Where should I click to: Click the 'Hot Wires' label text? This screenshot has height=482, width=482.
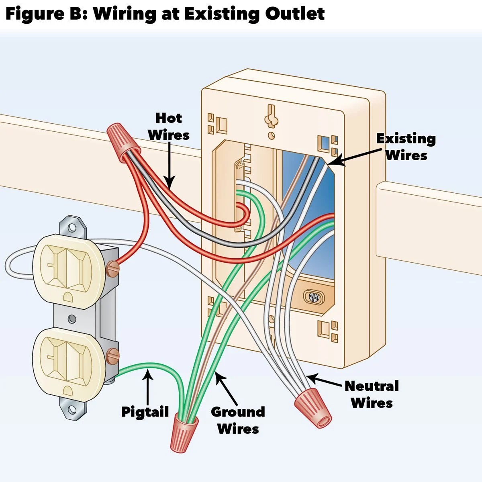tap(169, 126)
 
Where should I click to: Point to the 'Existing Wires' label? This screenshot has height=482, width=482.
tap(406, 147)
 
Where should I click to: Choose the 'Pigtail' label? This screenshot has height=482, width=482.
tap(145, 412)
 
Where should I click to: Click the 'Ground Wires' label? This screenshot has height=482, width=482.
tap(238, 420)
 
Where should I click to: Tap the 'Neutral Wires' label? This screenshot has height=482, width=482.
tap(372, 394)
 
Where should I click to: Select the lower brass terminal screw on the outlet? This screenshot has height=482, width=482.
tap(113, 355)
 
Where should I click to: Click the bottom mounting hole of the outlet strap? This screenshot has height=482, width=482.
tap(72, 409)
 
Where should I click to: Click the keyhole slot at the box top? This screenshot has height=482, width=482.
tap(271, 114)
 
